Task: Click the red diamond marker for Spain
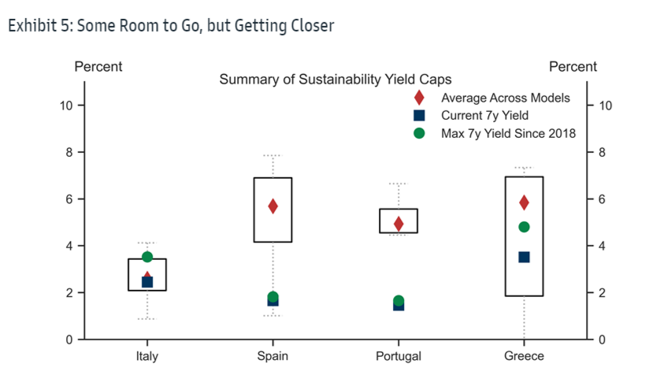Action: [x=273, y=206]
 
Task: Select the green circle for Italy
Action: [x=146, y=257]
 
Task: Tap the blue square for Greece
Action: [x=524, y=257]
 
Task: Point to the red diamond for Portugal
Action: [x=399, y=224]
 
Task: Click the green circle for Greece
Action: [x=524, y=227]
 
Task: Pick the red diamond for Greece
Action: [x=524, y=202]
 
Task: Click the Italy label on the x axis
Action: [x=146, y=356]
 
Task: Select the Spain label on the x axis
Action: [x=273, y=356]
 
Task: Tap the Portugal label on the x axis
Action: [x=399, y=356]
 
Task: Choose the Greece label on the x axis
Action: [x=524, y=356]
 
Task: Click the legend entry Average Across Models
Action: [x=505, y=98]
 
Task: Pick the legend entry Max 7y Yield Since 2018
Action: [x=508, y=133]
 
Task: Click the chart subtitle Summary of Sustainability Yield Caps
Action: [x=335, y=80]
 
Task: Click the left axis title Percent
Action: [x=98, y=66]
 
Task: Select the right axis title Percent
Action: [x=573, y=66]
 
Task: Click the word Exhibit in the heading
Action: [x=29, y=26]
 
